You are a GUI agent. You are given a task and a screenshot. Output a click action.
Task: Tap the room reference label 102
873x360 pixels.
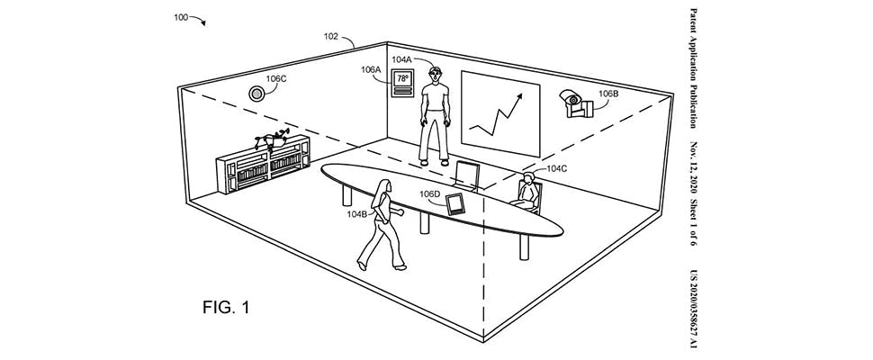[x=331, y=38]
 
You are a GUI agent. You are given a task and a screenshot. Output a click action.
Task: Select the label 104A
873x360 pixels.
[x=401, y=59]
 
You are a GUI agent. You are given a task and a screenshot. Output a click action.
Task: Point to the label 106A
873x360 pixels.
[x=371, y=69]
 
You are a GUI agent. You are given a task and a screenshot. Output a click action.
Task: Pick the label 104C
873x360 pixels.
[x=556, y=167]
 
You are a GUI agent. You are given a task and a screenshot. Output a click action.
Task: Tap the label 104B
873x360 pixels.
[x=357, y=214]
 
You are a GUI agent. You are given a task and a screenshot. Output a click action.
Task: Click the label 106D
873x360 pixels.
[x=431, y=194]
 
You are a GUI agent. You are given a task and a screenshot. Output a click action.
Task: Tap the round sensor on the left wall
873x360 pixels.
[x=257, y=93]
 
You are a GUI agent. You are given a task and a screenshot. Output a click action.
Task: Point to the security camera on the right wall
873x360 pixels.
[x=572, y=103]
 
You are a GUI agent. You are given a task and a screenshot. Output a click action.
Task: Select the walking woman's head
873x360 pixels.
[x=385, y=186]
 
